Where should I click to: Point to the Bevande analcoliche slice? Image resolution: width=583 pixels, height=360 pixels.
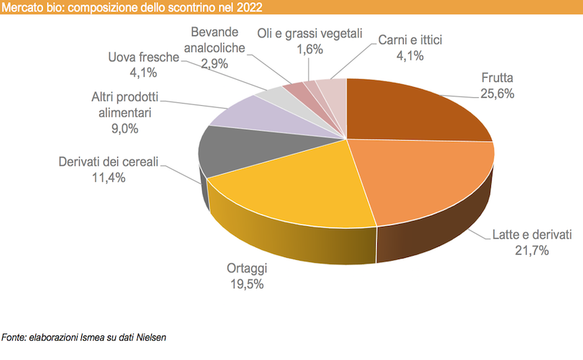click(296, 89)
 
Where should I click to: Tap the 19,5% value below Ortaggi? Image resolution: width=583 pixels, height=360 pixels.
click(247, 284)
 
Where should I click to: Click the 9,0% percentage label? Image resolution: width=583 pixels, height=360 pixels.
click(124, 129)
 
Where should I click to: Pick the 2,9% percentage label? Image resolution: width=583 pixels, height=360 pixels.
click(214, 63)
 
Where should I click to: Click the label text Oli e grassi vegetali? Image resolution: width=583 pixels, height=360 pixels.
click(309, 35)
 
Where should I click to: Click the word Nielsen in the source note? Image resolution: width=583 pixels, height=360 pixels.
click(150, 337)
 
